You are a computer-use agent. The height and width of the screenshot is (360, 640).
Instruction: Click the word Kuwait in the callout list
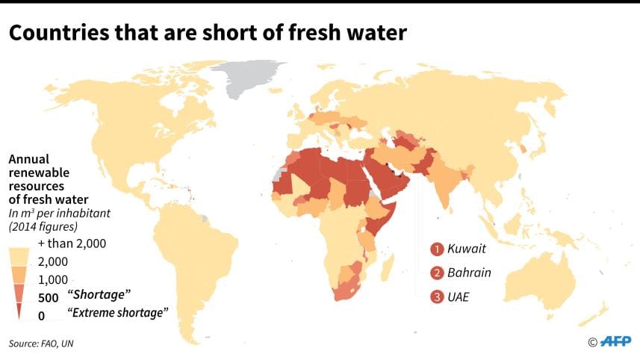[x=467, y=249]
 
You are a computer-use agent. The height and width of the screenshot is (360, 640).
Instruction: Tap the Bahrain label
[x=469, y=272]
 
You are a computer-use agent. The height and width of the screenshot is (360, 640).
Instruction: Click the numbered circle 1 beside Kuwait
[x=437, y=249]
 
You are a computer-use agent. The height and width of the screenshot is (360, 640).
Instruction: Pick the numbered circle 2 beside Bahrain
[x=437, y=272]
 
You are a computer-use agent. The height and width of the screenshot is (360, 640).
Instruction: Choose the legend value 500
[x=47, y=297]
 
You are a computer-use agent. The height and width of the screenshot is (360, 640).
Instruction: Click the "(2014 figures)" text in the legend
[x=44, y=226]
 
